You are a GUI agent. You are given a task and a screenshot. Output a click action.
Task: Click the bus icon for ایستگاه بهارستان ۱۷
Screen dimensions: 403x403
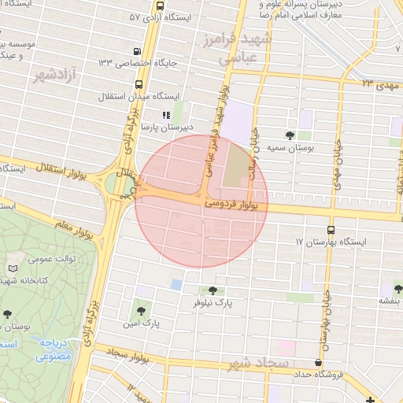[x=331, y=231]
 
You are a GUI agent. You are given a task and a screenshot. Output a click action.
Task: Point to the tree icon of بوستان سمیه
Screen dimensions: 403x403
[x=290, y=135]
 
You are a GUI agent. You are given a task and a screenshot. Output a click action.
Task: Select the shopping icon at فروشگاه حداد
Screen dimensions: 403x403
[x=318, y=363]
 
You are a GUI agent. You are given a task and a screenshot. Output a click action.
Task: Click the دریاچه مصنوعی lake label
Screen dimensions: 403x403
[x=53, y=349]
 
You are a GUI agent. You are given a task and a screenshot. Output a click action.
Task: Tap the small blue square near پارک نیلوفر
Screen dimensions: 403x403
[x=176, y=284]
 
